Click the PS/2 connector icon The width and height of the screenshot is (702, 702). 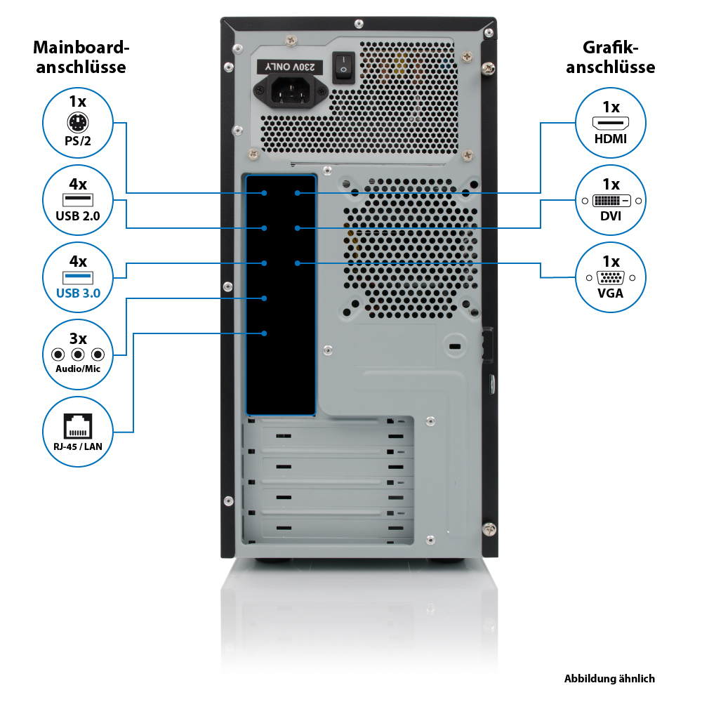[x=78, y=122]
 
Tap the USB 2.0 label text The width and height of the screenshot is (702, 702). [x=78, y=216]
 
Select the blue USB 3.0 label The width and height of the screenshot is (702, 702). [x=79, y=293]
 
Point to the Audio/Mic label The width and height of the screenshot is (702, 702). [x=78, y=369]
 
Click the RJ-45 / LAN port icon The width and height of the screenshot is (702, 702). [x=78, y=426]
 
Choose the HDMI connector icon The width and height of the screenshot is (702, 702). [x=611, y=123]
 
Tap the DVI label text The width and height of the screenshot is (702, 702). [x=611, y=216]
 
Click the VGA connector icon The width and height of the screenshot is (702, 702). [x=611, y=277]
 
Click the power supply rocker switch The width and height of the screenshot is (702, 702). [x=343, y=67]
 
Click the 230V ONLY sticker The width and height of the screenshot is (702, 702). [x=290, y=67]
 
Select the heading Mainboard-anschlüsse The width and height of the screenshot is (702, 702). [x=81, y=57]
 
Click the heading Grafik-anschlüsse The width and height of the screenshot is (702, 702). [x=610, y=57]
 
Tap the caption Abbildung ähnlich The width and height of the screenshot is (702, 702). [x=609, y=679]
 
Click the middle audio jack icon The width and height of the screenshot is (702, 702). [x=78, y=355]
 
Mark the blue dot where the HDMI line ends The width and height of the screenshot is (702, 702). [x=297, y=193]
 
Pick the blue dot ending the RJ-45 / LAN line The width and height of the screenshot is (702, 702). [x=264, y=333]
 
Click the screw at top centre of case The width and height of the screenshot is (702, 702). [x=359, y=23]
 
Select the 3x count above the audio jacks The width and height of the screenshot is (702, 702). [x=78, y=338]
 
